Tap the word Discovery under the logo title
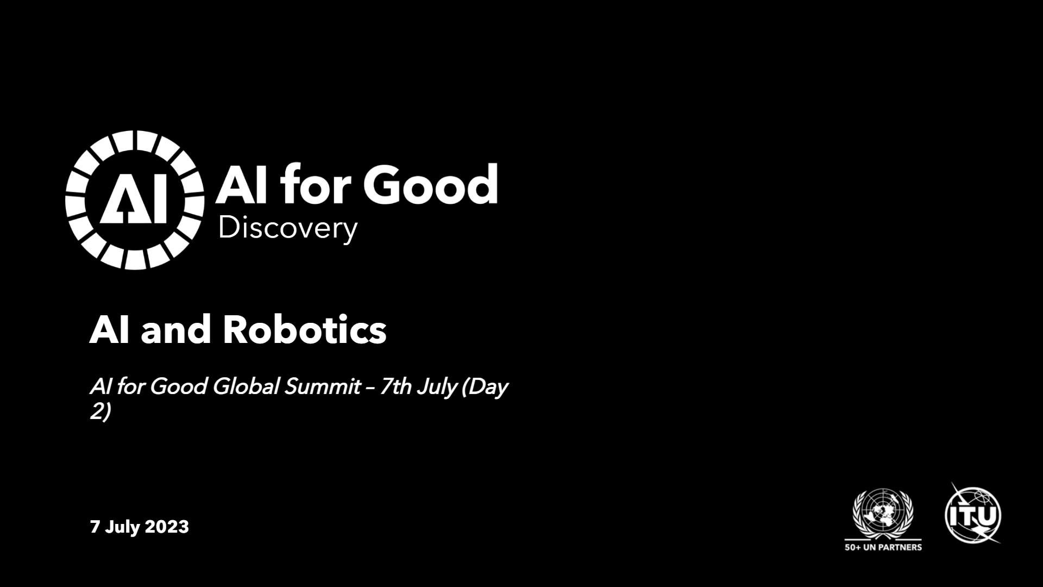pos(287,228)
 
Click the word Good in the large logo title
pos(435,184)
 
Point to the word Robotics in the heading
pos(305,329)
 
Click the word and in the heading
pos(175,329)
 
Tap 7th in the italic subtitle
pos(396,386)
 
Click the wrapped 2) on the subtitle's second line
pos(100,411)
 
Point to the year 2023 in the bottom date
pos(167,527)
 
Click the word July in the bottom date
pos(122,527)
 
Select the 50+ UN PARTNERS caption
pos(883,547)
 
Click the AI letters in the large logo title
pos(243,185)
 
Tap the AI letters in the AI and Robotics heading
pos(110,330)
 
